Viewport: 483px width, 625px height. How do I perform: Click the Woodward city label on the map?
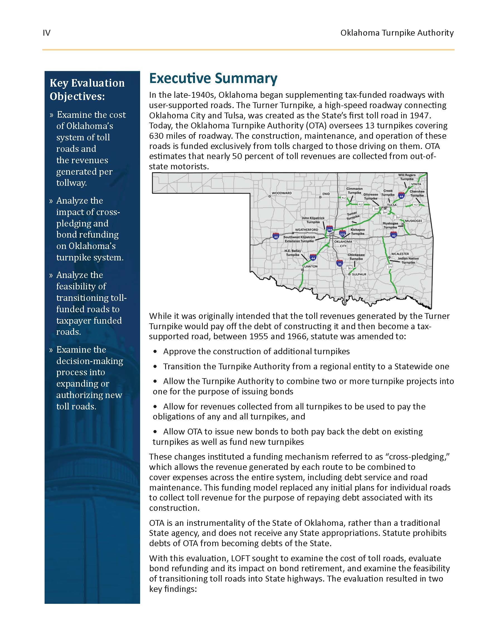tap(282, 193)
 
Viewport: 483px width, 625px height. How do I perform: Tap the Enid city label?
tap(326, 194)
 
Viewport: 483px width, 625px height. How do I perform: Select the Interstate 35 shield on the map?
tap(340, 263)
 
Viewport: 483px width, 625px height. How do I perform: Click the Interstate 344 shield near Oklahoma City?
tap(329, 230)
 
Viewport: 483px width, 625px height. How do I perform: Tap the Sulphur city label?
tap(359, 274)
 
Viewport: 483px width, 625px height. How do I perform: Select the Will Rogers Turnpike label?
tap(407, 177)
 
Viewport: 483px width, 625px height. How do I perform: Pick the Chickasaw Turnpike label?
tap(356, 257)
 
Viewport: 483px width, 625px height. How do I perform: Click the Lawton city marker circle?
tap(302, 270)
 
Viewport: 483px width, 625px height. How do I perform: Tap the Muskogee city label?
tap(413, 221)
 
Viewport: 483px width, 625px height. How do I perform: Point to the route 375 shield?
tap(390, 267)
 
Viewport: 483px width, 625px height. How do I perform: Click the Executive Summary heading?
tap(213, 79)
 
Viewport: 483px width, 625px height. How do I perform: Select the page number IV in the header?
tap(46, 33)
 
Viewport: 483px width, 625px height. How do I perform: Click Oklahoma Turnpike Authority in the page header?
tap(397, 33)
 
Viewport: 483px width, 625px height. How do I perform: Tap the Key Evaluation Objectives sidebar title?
tap(87, 90)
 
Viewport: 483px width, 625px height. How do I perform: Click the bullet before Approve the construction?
tap(155, 351)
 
